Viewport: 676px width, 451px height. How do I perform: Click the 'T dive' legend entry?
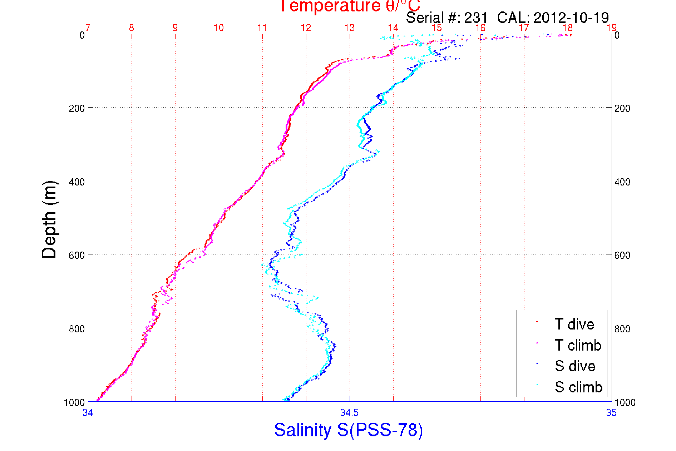tap(574, 324)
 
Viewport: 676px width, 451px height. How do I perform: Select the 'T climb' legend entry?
tap(578, 345)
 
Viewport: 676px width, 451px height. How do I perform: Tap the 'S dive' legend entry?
tap(575, 366)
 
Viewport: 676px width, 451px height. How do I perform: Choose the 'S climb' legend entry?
tap(578, 387)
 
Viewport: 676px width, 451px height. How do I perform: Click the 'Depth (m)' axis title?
tap(49, 219)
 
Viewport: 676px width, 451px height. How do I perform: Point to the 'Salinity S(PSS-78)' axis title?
tap(349, 430)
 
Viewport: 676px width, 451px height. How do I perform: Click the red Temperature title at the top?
tap(350, 6)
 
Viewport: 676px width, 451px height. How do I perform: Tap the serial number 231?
tap(476, 18)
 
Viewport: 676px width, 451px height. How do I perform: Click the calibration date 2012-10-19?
tap(571, 18)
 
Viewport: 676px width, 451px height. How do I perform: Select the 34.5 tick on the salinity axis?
tap(349, 413)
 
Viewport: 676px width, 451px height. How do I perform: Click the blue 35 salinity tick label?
tap(611, 413)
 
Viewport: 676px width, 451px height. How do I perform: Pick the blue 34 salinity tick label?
tap(88, 413)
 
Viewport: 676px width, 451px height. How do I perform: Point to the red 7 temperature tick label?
tap(88, 28)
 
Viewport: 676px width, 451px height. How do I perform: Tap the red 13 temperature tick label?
tap(349, 28)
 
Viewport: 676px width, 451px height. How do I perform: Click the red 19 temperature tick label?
tap(611, 28)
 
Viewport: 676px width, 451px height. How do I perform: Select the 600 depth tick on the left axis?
tap(77, 255)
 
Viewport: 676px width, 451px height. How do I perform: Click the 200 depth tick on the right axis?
tap(622, 108)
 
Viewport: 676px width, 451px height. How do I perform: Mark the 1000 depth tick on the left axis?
tap(74, 402)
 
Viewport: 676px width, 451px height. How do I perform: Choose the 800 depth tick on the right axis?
tap(622, 329)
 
